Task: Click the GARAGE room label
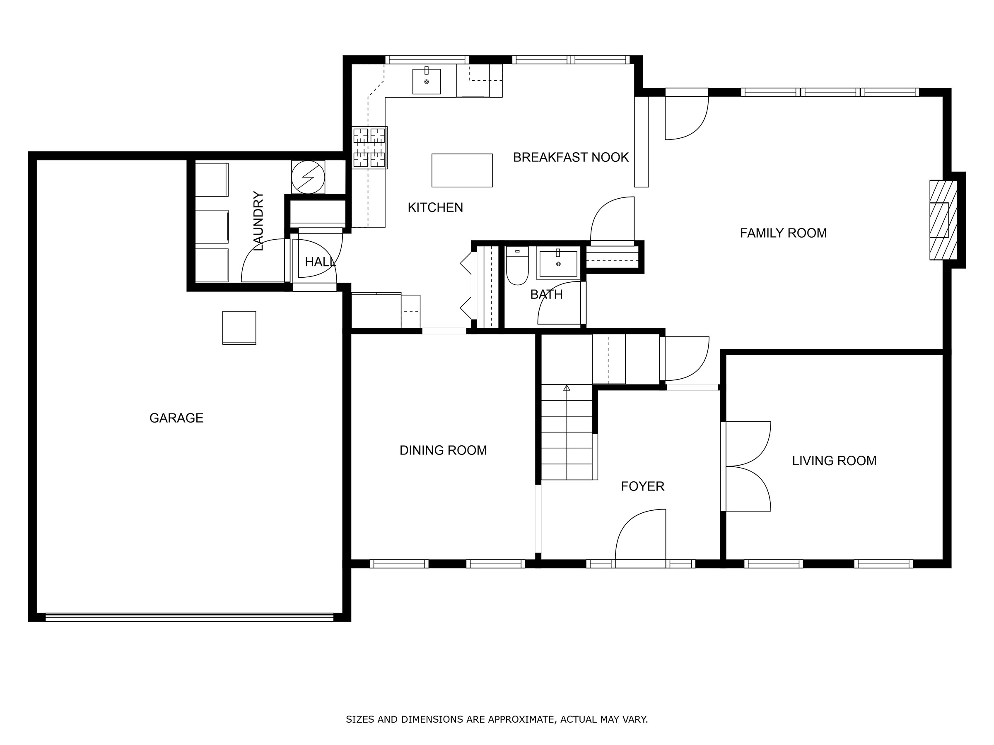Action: coord(176,418)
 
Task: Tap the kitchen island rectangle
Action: coord(462,170)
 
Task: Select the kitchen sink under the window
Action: coord(426,81)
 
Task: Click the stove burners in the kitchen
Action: coord(369,147)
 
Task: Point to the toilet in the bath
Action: coord(517,268)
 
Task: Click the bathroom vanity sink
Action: coord(558,264)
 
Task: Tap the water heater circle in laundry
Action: coord(308,177)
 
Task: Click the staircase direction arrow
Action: coord(567,388)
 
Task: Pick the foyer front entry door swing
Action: coord(641,534)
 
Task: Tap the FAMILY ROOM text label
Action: coord(783,233)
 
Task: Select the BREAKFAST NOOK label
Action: coord(571,157)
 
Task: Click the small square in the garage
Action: coord(239,328)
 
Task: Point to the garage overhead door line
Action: coord(189,617)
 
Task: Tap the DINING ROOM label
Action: coord(443,450)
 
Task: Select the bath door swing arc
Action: coord(560,303)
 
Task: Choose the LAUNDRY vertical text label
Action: coord(258,221)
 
